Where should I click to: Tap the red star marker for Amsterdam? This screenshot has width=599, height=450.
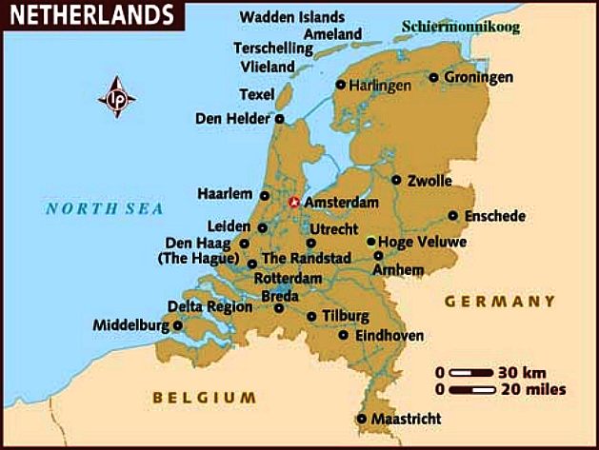pyautogui.click(x=293, y=202)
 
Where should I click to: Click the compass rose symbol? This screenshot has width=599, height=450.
pyautogui.click(x=117, y=98)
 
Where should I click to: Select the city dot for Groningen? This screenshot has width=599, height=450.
pyautogui.click(x=434, y=77)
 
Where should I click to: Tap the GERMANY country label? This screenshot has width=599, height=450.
pyautogui.click(x=499, y=302)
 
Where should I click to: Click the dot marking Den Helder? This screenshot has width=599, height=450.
pyautogui.click(x=279, y=119)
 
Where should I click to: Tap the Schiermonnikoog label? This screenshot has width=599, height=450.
pyautogui.click(x=461, y=27)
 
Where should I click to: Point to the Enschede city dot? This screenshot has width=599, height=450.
pyautogui.click(x=453, y=215)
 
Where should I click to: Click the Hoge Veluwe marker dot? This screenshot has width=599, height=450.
pyautogui.click(x=370, y=242)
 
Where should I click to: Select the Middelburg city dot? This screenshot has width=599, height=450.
pyautogui.click(x=177, y=325)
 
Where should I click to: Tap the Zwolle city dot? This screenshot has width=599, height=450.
pyautogui.click(x=396, y=179)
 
